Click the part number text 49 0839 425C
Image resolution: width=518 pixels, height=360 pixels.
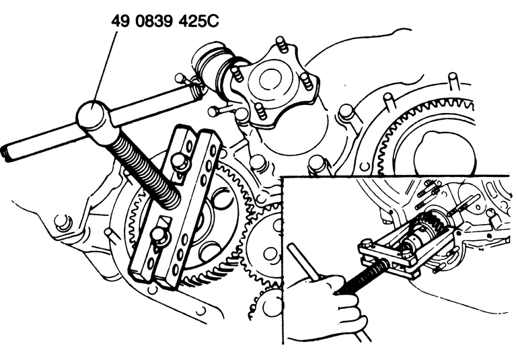pos(165,21)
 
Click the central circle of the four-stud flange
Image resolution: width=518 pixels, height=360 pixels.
pos(271,80)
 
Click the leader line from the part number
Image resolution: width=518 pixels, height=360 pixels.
pos(104,65)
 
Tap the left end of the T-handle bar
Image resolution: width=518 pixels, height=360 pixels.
pos(5,153)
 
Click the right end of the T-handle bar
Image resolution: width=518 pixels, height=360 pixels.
pos(198,92)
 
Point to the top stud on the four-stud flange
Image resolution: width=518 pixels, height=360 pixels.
pos(281,44)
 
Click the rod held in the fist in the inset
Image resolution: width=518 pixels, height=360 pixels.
pos(305,262)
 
